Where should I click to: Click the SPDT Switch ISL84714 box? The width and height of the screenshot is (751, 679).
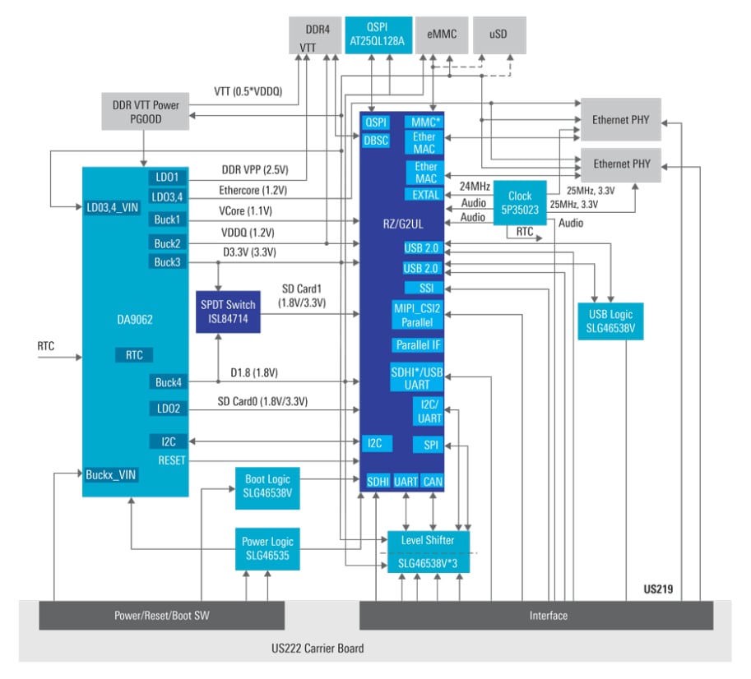228,312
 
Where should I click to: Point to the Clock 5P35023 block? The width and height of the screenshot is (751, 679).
520,202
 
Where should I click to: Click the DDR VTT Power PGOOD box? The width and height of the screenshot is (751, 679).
145,112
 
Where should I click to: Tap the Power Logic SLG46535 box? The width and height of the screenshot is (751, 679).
267,548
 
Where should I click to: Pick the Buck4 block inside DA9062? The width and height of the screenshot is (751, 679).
168,381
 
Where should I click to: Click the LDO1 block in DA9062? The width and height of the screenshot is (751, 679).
168,178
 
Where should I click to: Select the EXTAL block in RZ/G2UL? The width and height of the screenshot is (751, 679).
423,195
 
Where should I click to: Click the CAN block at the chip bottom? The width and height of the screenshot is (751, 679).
433,482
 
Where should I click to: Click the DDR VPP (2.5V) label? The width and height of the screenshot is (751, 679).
254,170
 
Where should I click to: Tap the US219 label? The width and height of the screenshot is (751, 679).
661,590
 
